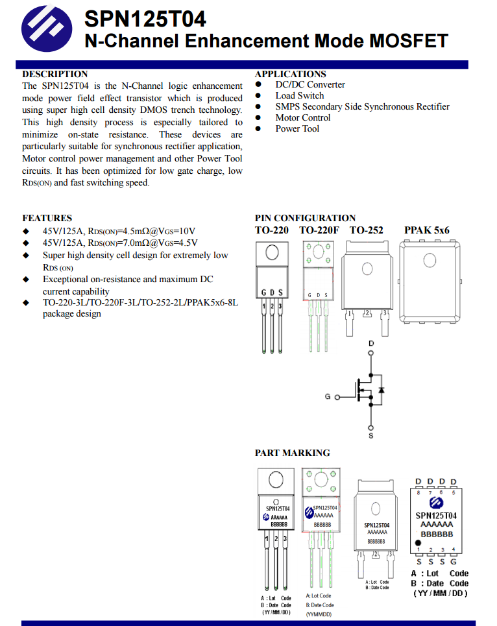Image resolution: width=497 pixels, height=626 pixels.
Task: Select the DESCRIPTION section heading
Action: tap(55, 74)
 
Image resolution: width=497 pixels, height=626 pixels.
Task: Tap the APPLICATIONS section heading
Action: tap(290, 74)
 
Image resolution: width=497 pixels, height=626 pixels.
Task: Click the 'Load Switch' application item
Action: tap(299, 95)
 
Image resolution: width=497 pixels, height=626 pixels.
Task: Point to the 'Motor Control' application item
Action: tap(302, 117)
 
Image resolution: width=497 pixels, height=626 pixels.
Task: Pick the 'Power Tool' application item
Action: tap(297, 128)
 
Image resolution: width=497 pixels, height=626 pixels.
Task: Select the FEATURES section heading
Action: tap(47, 218)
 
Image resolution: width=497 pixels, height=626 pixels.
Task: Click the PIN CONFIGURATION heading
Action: tap(305, 218)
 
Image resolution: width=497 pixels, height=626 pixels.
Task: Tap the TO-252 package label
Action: tap(366, 230)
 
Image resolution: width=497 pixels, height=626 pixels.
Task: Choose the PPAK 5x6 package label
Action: tap(426, 230)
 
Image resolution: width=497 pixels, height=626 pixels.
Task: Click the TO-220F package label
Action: tap(319, 230)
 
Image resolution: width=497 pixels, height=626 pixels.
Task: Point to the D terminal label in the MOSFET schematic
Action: tap(371, 343)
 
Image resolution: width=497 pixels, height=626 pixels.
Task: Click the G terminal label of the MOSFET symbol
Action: tap(328, 396)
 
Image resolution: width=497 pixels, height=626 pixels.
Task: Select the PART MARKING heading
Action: tap(292, 453)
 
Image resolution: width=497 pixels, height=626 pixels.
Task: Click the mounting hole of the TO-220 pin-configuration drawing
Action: tap(272, 252)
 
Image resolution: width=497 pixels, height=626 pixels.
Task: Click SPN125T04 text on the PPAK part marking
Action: tap(436, 516)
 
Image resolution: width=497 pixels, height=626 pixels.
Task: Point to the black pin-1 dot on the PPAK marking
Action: tap(419, 543)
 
